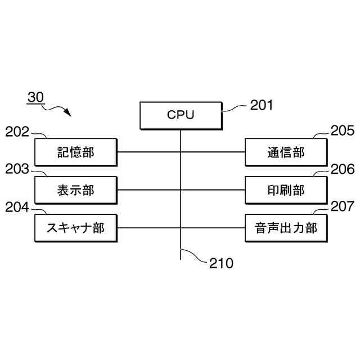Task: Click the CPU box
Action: (181, 115)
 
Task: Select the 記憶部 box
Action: (75, 152)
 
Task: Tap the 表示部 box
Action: (75, 190)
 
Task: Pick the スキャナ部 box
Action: (75, 228)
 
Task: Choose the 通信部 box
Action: (285, 152)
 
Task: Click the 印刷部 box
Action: (285, 190)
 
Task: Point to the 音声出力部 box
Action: (285, 228)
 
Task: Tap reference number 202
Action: (17, 132)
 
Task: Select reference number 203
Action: (17, 169)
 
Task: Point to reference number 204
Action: (17, 207)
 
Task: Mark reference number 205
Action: (342, 132)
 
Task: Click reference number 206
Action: (342, 169)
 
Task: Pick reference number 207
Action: (342, 207)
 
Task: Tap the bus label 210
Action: (221, 263)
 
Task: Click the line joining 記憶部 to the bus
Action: (148, 152)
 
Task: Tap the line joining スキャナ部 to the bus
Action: (148, 228)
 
